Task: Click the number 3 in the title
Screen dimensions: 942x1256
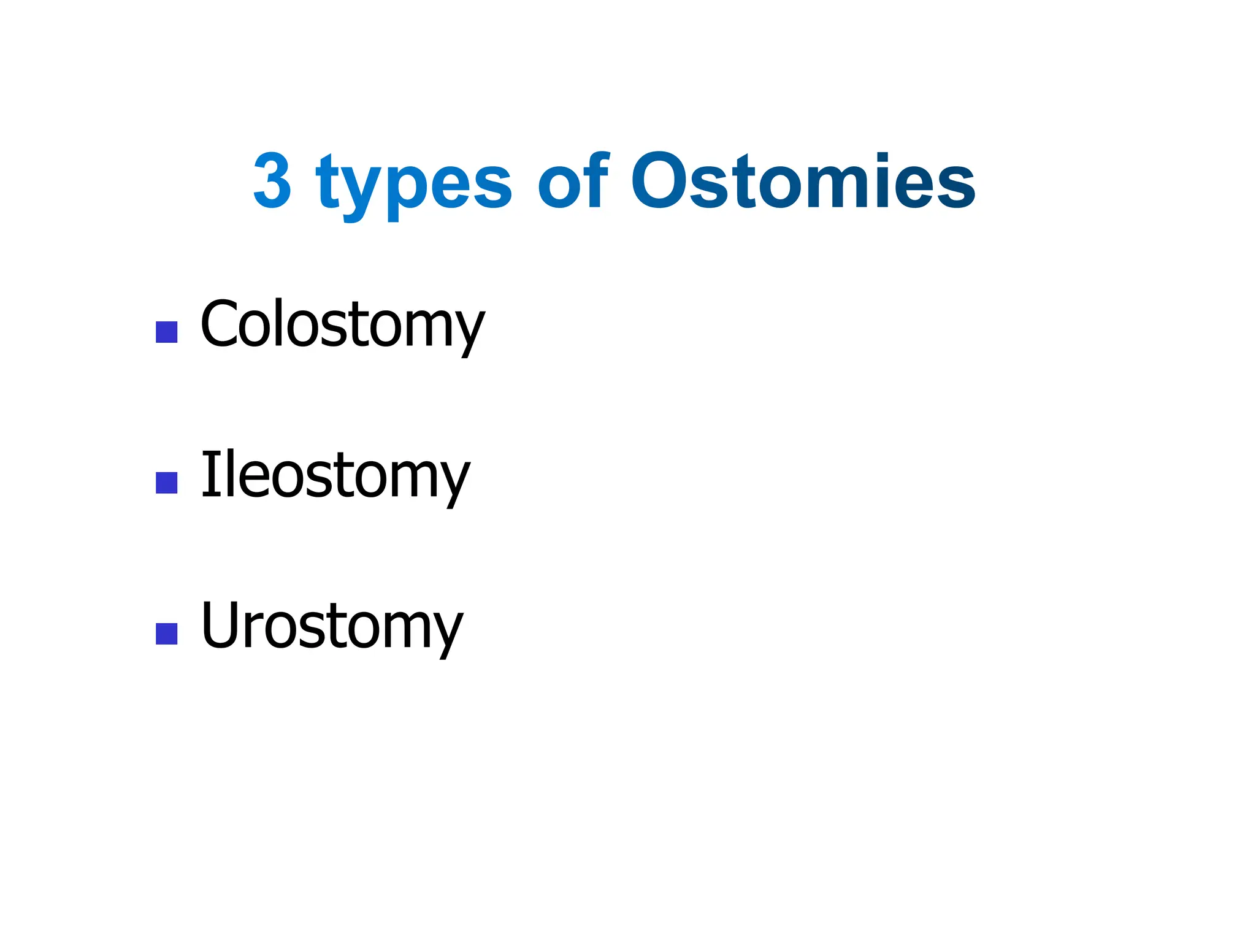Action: click(x=272, y=180)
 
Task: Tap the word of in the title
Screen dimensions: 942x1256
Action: click(x=574, y=180)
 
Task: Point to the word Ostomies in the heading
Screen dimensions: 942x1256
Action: click(x=803, y=180)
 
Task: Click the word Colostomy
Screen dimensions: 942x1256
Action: click(x=342, y=324)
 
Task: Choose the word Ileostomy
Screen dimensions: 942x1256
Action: click(x=335, y=475)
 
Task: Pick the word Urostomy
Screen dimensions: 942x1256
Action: click(x=332, y=626)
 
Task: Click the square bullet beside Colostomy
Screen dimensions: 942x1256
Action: click(x=167, y=332)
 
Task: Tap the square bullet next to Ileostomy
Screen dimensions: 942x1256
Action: click(x=167, y=483)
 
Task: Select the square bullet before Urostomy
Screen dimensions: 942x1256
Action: click(x=167, y=634)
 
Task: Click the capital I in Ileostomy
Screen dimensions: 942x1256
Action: click(x=209, y=473)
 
